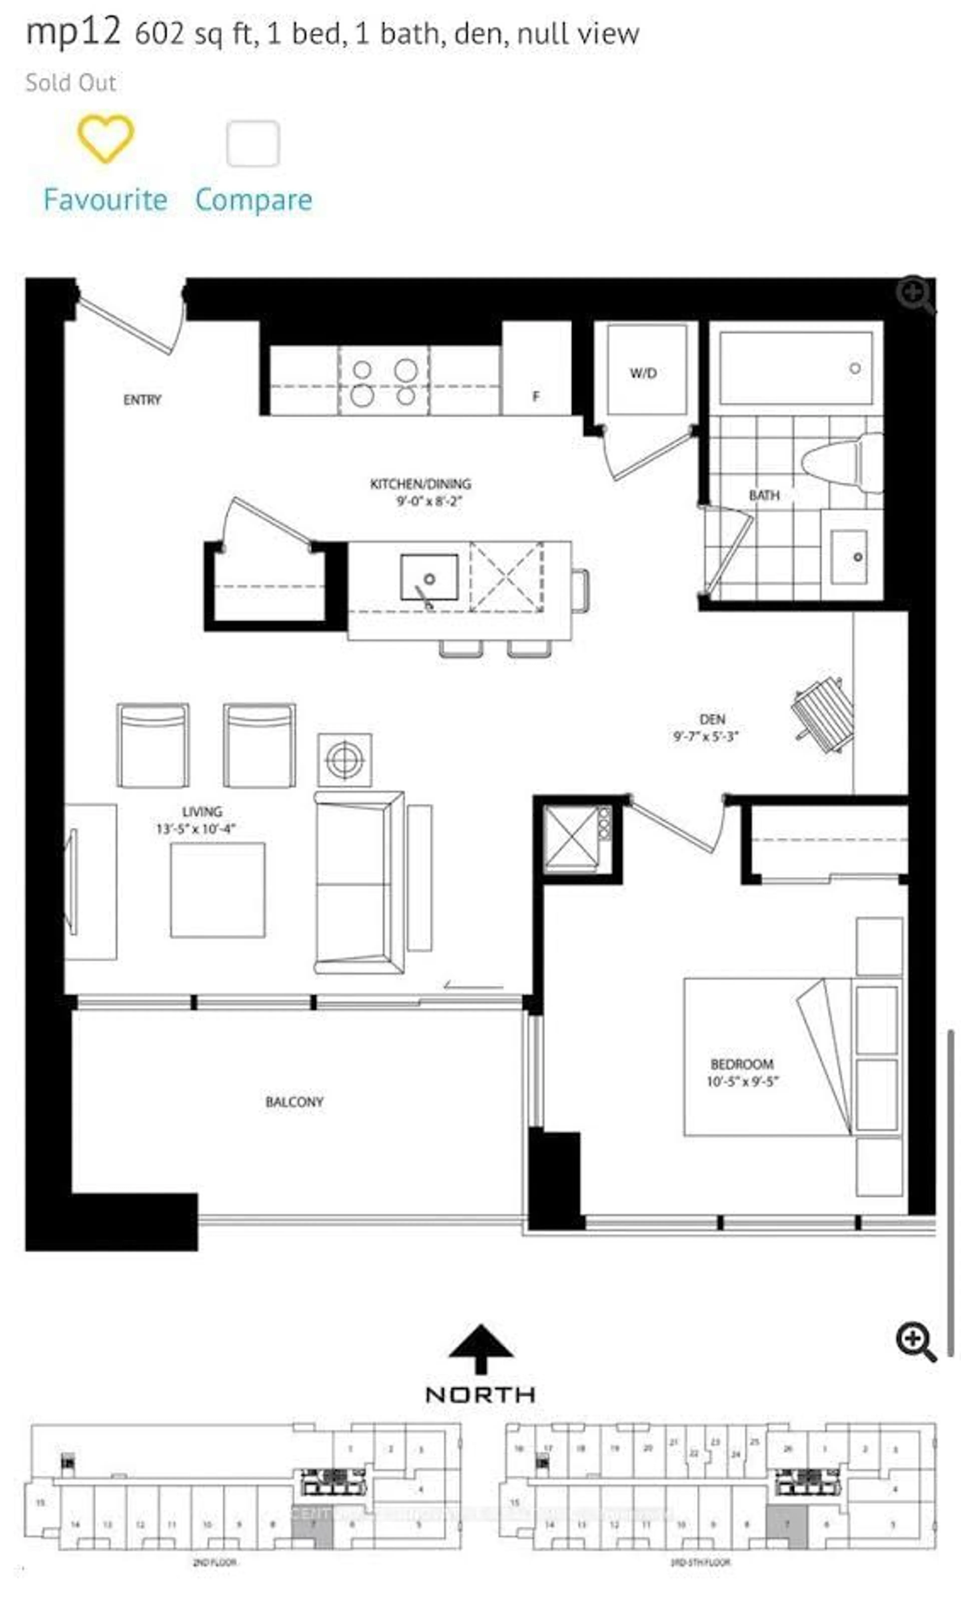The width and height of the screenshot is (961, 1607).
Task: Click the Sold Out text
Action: pyautogui.click(x=71, y=83)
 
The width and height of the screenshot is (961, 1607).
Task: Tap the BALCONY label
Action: pyautogui.click(x=294, y=1102)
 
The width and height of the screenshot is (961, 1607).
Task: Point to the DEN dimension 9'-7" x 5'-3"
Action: pyautogui.click(x=706, y=737)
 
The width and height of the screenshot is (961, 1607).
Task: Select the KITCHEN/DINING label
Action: pyautogui.click(x=420, y=483)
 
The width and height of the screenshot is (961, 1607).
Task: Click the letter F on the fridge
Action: pyautogui.click(x=536, y=396)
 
